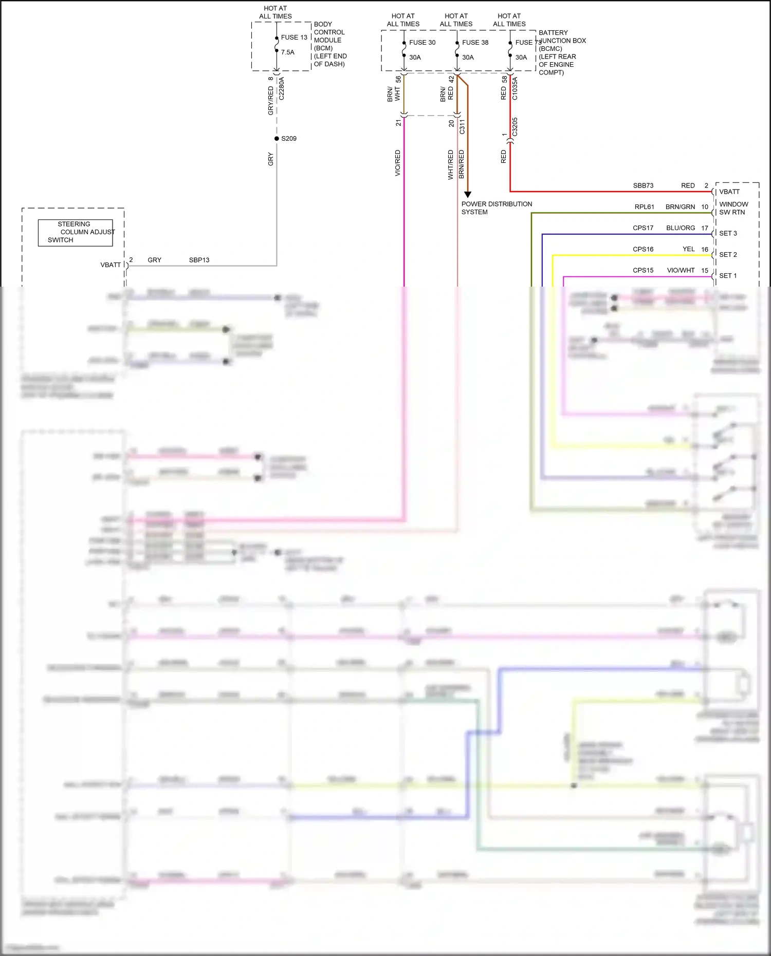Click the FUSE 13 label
pyautogui.click(x=294, y=38)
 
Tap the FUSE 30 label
pyautogui.click(x=422, y=43)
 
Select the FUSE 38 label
pyautogui.click(x=475, y=43)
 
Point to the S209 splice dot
pyautogui.click(x=277, y=139)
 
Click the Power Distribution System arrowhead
pyautogui.click(x=468, y=195)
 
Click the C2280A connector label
pyautogui.click(x=281, y=88)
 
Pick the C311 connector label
pyautogui.click(x=462, y=127)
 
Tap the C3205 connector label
pyautogui.click(x=515, y=127)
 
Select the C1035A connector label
pyautogui.click(x=515, y=88)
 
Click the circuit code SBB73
pyautogui.click(x=643, y=186)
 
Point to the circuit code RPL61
pyautogui.click(x=644, y=207)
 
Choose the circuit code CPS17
pyautogui.click(x=643, y=228)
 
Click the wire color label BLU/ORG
pyautogui.click(x=681, y=228)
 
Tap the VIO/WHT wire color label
pyautogui.click(x=681, y=270)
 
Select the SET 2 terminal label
pyautogui.click(x=728, y=255)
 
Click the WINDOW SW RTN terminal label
pyautogui.click(x=733, y=208)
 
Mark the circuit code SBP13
pyautogui.click(x=199, y=260)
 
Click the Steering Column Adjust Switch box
pyautogui.click(x=76, y=233)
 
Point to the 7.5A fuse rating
pyautogui.click(x=288, y=52)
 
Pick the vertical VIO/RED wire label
pyautogui.click(x=397, y=163)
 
